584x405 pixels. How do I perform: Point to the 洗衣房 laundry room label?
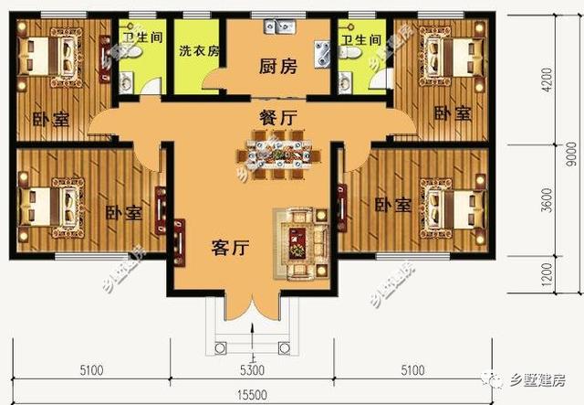(x=198, y=51)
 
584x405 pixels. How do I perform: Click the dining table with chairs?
(x=279, y=150)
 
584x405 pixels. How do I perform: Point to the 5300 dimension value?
(x=252, y=370)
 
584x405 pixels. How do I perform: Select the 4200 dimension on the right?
(x=547, y=90)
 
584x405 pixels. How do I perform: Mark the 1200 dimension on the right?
(x=547, y=272)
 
